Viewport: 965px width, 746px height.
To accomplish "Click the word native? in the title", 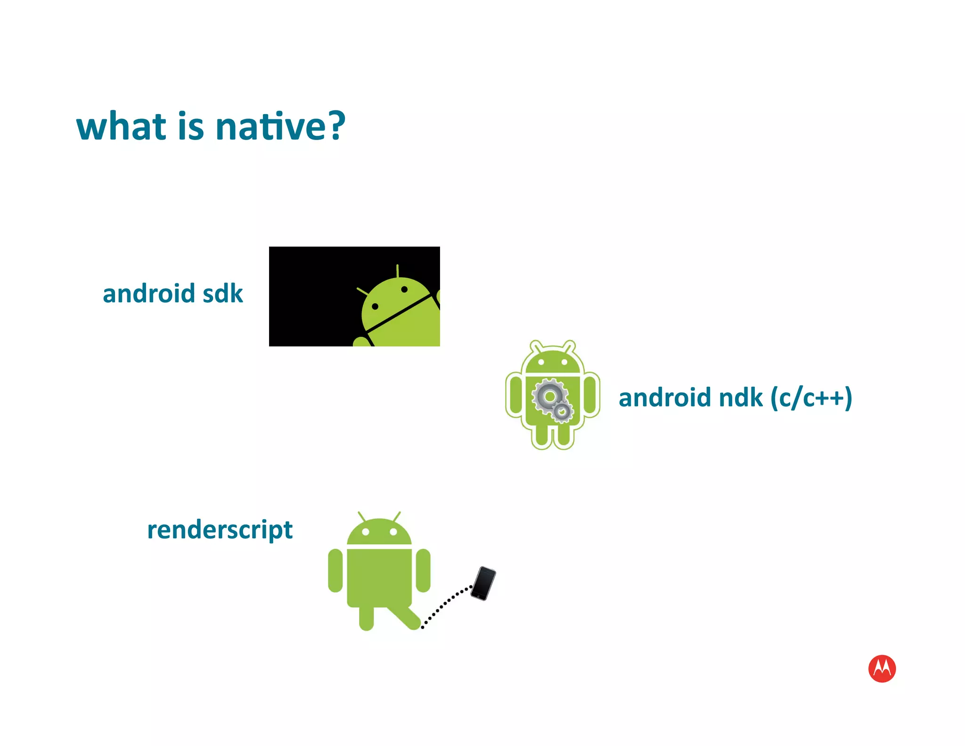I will click(280, 126).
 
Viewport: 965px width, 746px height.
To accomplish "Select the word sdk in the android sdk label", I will click(222, 294).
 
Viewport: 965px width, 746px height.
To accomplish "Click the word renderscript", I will click(220, 530).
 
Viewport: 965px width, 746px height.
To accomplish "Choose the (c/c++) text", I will click(811, 398).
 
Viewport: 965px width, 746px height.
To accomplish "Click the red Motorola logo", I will click(882, 668).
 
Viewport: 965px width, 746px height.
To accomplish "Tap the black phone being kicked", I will click(483, 583).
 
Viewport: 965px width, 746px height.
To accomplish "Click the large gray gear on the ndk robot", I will click(548, 396).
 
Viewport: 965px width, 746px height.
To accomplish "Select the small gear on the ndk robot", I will click(562, 412).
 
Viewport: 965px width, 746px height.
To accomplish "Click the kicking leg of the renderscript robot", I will click(403, 616).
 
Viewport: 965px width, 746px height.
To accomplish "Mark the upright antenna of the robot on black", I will click(398, 271).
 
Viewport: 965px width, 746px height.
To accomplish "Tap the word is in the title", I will click(191, 126).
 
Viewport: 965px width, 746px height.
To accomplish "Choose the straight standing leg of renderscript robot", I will click(366, 618).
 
